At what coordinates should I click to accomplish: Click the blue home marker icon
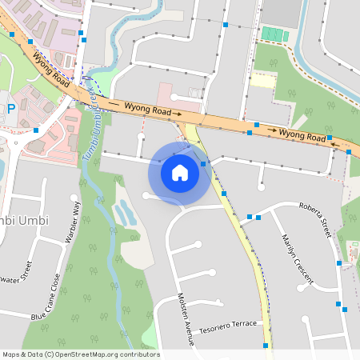point(179,173)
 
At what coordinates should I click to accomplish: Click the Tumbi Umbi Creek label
point(89,128)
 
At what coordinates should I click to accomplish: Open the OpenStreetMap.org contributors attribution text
point(81,354)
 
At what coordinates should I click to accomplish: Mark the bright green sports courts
point(274,35)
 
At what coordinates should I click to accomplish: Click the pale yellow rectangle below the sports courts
point(262,80)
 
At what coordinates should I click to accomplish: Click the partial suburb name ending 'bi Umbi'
point(23,220)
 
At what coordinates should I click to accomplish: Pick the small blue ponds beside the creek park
point(123,213)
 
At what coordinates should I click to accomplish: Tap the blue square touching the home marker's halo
point(204,164)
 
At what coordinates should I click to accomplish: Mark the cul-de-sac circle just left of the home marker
point(146,194)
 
